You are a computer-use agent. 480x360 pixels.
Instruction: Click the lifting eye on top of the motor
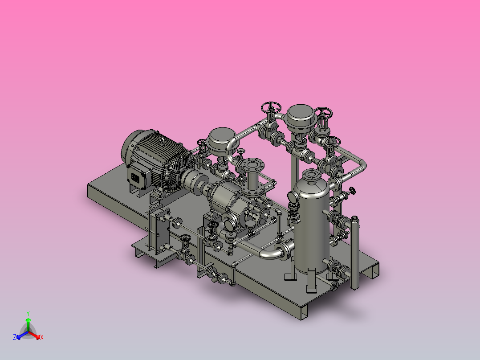coord(162,141)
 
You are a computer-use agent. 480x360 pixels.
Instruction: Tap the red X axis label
coord(42,337)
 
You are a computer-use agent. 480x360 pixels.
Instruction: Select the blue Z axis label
coord(14,337)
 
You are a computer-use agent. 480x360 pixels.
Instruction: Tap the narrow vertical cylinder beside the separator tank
coord(354,253)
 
